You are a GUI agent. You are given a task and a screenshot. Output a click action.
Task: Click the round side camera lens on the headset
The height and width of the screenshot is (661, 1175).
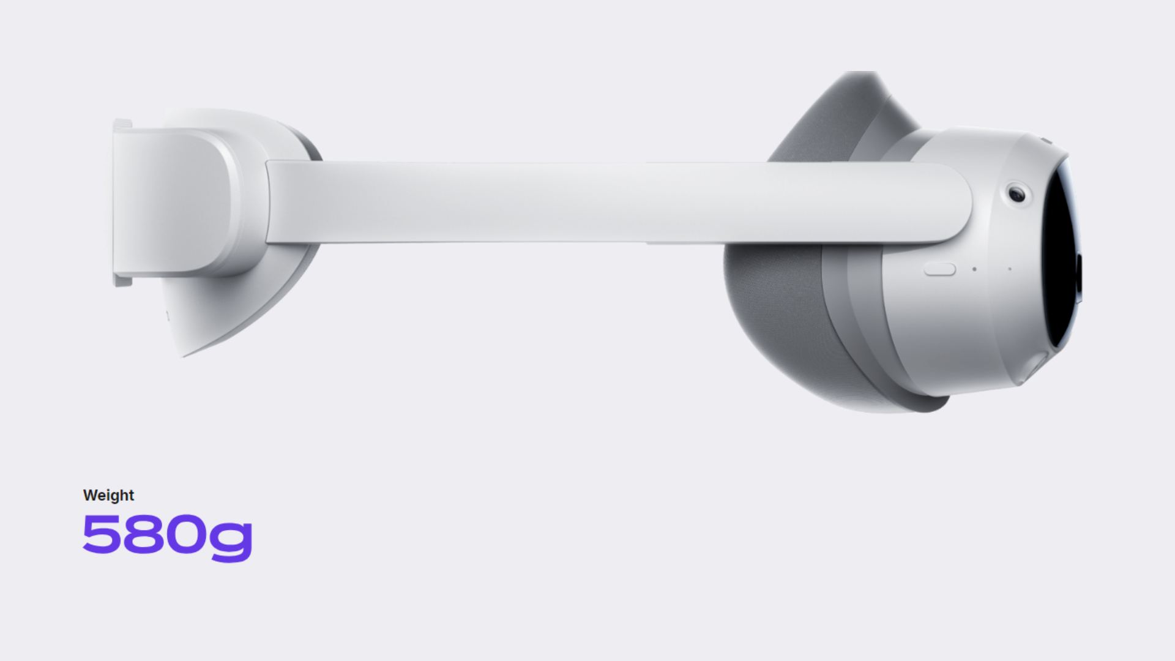pyautogui.click(x=1017, y=195)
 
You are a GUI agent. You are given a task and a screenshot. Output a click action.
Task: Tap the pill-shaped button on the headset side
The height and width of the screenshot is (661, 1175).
pyautogui.click(x=939, y=269)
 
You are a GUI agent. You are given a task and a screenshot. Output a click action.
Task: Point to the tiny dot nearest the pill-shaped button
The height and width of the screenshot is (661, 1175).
pyautogui.click(x=974, y=269)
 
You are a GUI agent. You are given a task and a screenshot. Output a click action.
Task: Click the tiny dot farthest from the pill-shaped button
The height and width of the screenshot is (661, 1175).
pyautogui.click(x=1009, y=269)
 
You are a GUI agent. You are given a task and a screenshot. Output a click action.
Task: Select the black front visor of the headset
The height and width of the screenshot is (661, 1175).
pyautogui.click(x=1062, y=257)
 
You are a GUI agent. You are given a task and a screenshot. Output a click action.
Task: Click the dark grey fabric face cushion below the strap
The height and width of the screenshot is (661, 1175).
pyautogui.click(x=777, y=318)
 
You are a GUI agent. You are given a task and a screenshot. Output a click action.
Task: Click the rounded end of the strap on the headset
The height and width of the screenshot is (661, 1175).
pyautogui.click(x=955, y=202)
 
